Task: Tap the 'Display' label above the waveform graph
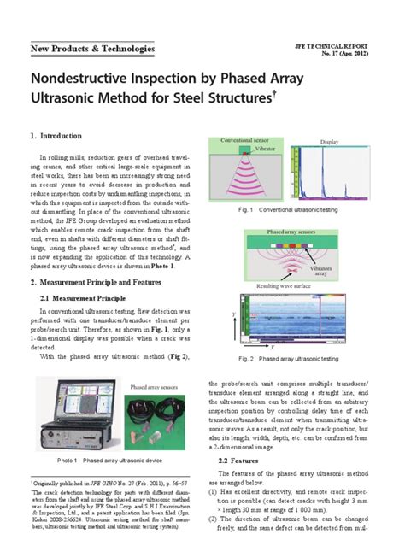pos(330,141)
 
